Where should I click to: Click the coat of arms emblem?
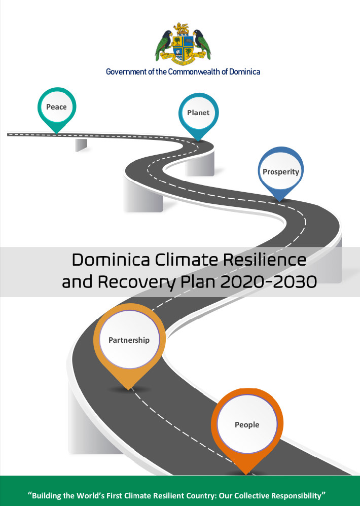tap(183, 42)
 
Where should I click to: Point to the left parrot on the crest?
tap(164, 45)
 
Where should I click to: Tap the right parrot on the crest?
tap(202, 45)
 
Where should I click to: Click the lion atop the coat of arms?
tap(183, 29)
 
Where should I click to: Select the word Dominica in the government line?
tap(244, 71)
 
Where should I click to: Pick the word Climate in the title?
tap(188, 260)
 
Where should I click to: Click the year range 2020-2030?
tap(268, 282)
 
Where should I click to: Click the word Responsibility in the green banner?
tap(296, 496)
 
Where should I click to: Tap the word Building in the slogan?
tap(45, 496)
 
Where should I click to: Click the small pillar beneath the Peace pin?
tap(81, 145)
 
